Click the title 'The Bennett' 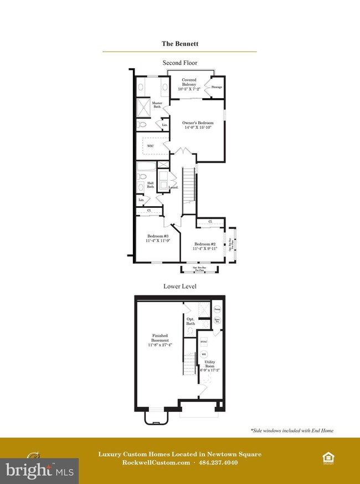tap(179, 43)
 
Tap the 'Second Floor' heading tap(179, 63)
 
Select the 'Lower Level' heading tap(179, 286)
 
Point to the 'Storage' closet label tap(217, 87)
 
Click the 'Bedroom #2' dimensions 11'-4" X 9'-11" tap(205, 249)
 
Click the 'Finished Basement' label tap(164, 338)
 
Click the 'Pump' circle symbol tap(218, 309)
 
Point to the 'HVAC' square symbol tap(204, 342)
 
